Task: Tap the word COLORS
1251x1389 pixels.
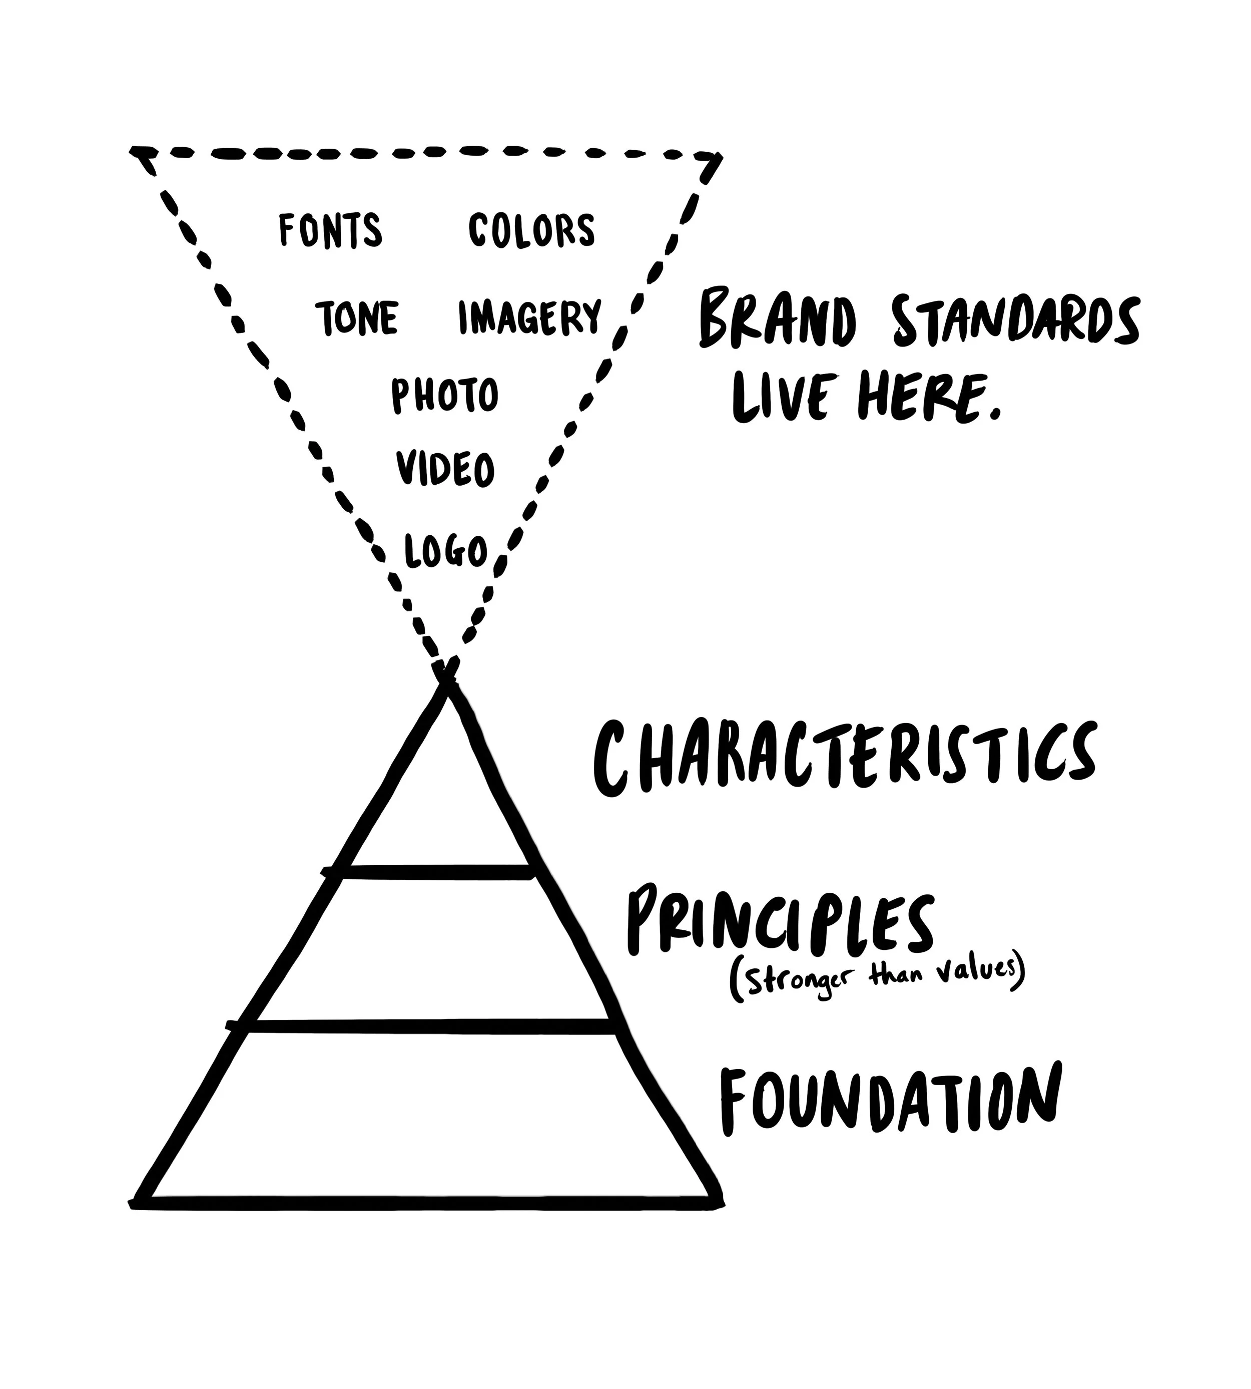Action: (x=531, y=230)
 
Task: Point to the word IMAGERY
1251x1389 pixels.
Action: (x=530, y=317)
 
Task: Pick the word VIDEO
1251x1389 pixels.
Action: (x=445, y=469)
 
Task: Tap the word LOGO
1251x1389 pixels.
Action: (x=446, y=551)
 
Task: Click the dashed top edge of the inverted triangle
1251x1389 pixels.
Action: (x=426, y=152)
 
